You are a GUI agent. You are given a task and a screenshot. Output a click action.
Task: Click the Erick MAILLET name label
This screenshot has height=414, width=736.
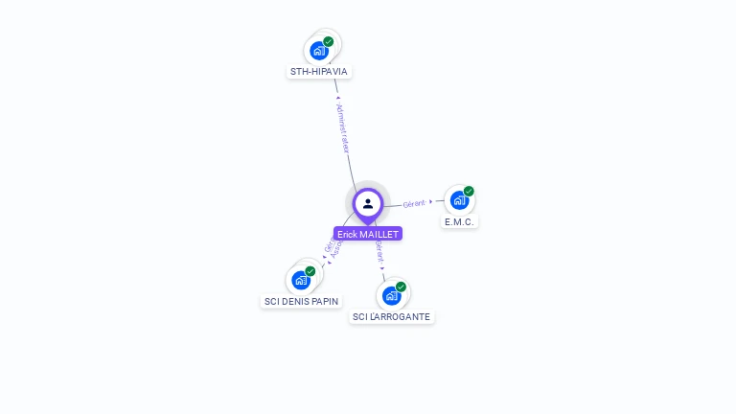368,234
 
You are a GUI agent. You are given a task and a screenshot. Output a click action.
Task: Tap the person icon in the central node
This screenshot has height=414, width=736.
368,203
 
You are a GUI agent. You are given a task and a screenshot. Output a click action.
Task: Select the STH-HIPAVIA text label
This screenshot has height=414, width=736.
319,72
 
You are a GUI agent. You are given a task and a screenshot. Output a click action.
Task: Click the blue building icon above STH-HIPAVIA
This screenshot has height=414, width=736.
318,51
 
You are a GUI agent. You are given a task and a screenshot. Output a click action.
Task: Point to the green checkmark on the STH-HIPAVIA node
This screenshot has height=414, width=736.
329,42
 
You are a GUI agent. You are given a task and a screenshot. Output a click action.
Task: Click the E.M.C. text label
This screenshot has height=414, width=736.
460,221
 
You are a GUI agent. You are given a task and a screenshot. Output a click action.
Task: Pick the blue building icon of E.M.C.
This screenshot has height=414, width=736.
459,200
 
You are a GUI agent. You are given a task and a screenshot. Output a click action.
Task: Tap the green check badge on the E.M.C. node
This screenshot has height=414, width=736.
469,191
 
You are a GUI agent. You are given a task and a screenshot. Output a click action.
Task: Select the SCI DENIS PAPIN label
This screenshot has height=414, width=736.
301,301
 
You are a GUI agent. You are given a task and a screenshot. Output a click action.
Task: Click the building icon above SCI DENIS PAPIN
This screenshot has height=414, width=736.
301,280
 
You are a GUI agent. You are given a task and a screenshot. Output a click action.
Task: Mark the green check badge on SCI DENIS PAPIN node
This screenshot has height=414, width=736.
310,271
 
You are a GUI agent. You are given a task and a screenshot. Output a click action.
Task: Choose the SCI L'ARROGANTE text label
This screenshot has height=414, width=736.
391,316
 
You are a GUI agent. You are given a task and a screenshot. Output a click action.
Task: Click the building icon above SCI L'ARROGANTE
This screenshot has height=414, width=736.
391,295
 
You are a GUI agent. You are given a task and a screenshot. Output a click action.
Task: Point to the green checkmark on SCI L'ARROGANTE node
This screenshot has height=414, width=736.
401,287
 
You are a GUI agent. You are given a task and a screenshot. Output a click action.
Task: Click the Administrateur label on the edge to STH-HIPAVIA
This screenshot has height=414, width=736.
343,129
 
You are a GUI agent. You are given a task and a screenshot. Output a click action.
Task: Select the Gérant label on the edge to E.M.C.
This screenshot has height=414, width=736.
414,204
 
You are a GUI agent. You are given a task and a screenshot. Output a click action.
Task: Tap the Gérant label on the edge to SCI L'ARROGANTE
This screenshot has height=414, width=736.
379,252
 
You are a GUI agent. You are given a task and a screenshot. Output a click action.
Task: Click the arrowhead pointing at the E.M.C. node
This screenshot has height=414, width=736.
431,201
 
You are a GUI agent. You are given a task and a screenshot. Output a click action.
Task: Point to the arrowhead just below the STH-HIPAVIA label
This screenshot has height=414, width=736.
337,97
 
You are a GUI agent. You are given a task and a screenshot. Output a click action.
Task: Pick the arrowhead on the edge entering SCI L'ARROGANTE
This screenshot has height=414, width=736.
382,268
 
